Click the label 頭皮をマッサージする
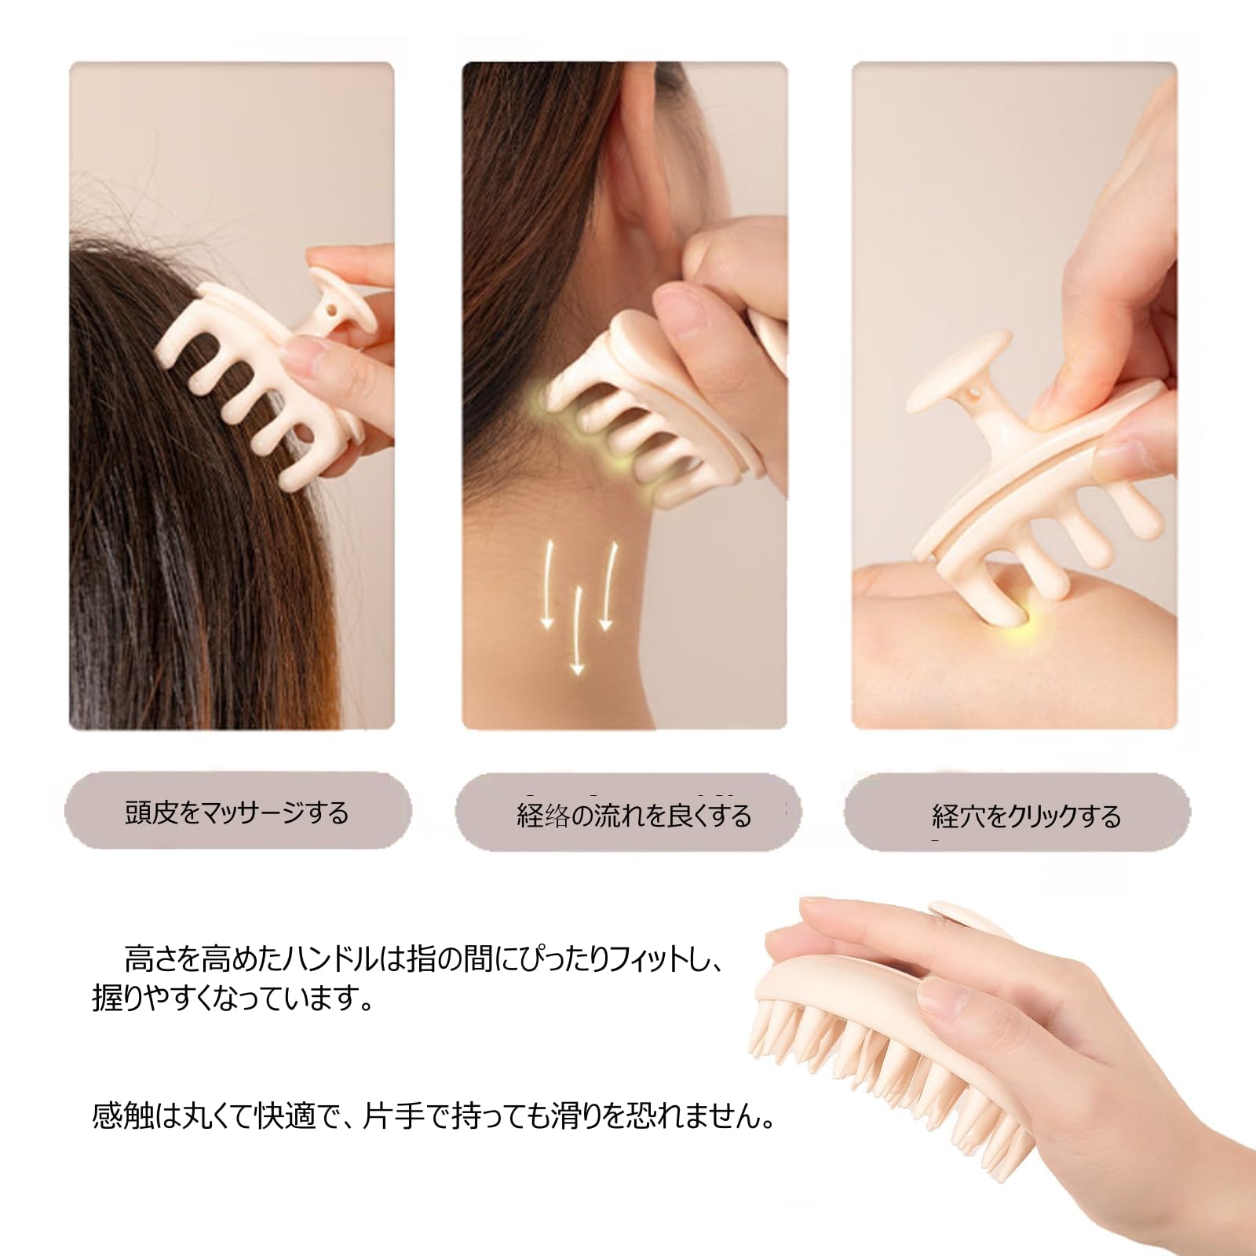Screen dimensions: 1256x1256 coord(236,812)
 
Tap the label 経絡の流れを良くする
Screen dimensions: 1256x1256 coord(633,816)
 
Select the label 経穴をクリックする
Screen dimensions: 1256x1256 coord(1026,817)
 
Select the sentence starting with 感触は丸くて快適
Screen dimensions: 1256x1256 coord(433,1115)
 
